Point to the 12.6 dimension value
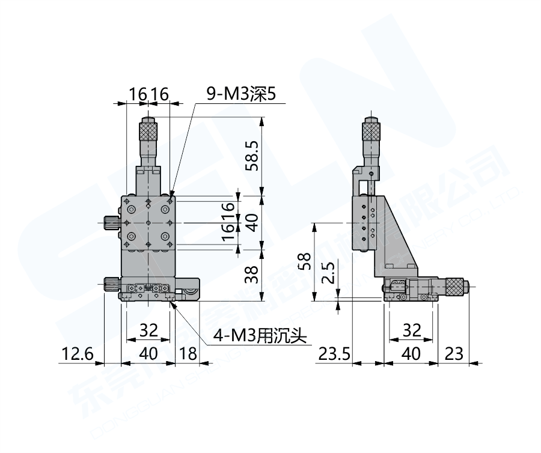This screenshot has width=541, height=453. click(x=76, y=354)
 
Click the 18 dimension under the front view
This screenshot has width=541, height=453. click(x=188, y=354)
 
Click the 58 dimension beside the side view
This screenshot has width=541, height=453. click(x=306, y=261)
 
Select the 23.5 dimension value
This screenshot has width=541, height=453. click(x=334, y=354)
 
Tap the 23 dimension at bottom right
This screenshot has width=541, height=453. click(x=454, y=354)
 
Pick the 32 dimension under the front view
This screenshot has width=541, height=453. click(x=148, y=330)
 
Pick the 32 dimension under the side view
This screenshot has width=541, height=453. click(x=411, y=330)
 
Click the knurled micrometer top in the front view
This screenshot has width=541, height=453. click(x=148, y=130)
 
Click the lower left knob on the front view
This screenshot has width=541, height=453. click(x=111, y=284)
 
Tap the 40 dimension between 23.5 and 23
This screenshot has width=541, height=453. click(x=411, y=354)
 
